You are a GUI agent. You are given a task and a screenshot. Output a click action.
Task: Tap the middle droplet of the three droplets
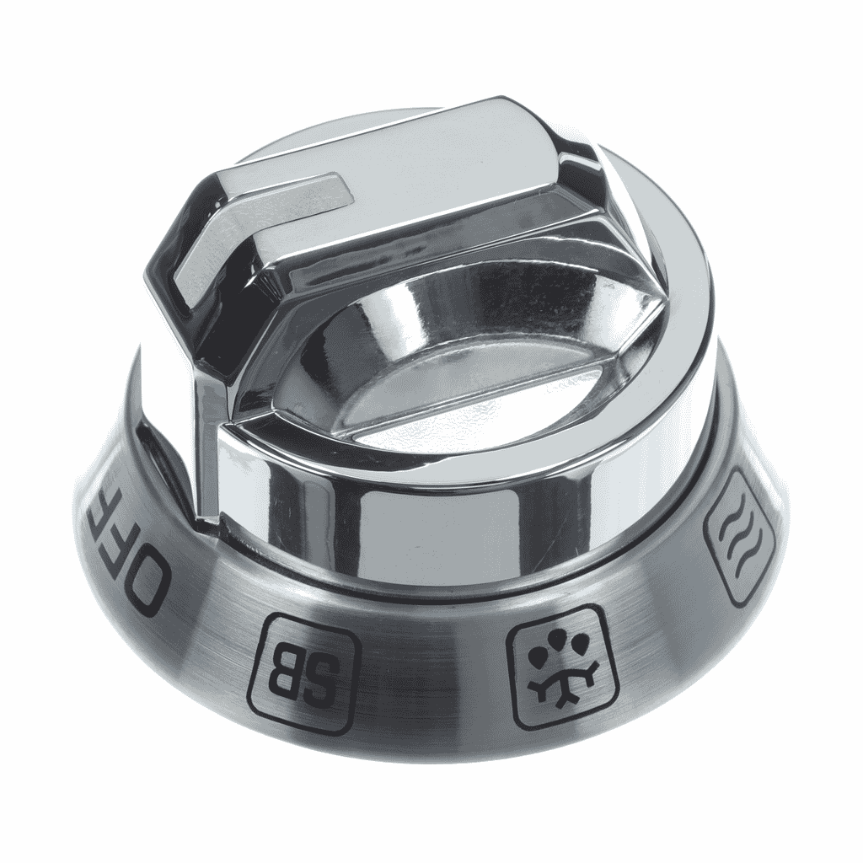[x=558, y=637]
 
